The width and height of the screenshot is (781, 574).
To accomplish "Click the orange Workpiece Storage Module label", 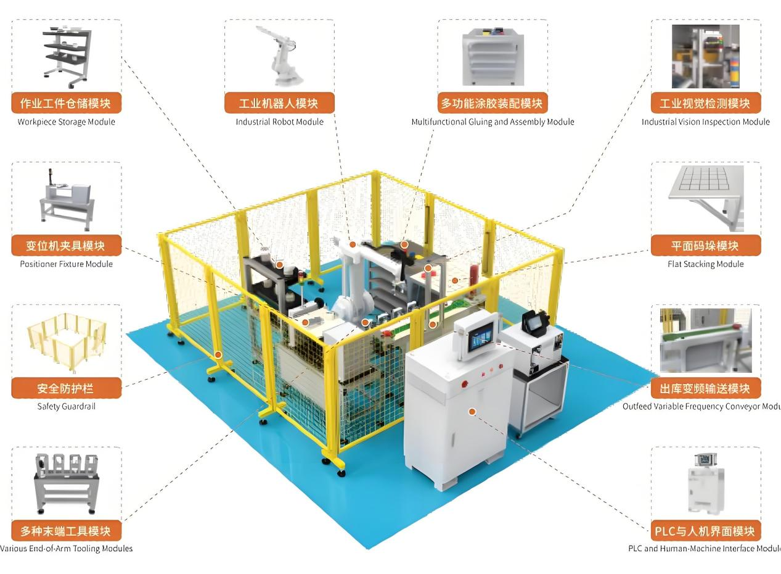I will tap(66, 103).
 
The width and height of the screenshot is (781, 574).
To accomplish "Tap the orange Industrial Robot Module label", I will tap(279, 103).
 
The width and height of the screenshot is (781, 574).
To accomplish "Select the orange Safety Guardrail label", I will tap(66, 388).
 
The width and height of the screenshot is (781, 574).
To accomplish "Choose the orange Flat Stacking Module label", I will tap(705, 246).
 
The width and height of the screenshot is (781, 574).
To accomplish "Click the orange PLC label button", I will tap(705, 531).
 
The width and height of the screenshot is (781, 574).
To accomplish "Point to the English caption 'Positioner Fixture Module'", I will tap(66, 264).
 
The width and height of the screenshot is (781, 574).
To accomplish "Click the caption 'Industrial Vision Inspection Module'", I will tap(705, 122).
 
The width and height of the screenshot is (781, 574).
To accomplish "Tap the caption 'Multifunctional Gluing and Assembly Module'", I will tap(493, 122).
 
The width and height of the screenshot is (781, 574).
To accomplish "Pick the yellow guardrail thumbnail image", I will tap(65, 341).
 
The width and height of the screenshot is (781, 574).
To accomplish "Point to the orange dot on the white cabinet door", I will tap(472, 411).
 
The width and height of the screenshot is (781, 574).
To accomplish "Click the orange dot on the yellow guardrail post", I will tap(218, 355).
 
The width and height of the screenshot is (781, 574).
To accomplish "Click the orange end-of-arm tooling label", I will tap(66, 531).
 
